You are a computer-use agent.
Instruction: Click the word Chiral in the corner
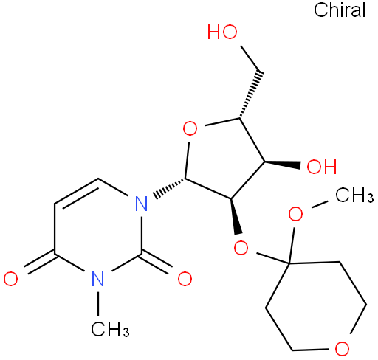click(340, 10)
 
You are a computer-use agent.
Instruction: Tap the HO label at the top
click(222, 32)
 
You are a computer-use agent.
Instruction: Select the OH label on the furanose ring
click(322, 167)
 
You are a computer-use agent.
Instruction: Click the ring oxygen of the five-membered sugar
click(190, 128)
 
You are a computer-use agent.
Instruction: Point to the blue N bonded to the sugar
click(142, 204)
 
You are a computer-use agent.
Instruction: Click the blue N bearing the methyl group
click(98, 279)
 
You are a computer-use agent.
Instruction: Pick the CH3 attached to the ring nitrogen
click(110, 329)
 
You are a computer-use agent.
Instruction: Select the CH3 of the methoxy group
click(354, 195)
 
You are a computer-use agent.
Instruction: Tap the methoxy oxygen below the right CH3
click(295, 214)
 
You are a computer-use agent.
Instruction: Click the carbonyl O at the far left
click(11, 279)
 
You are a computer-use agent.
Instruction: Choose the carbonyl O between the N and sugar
click(185, 279)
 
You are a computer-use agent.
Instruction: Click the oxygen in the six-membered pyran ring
click(342, 348)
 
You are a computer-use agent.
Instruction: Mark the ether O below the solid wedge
click(241, 248)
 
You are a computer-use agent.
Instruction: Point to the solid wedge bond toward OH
click(283, 165)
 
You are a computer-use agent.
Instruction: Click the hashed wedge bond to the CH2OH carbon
click(250, 95)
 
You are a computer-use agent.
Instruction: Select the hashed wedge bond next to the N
click(170, 189)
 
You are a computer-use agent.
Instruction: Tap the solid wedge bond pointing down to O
click(236, 216)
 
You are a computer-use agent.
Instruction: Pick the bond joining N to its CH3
click(98, 304)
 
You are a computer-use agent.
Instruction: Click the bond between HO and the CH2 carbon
click(252, 59)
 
